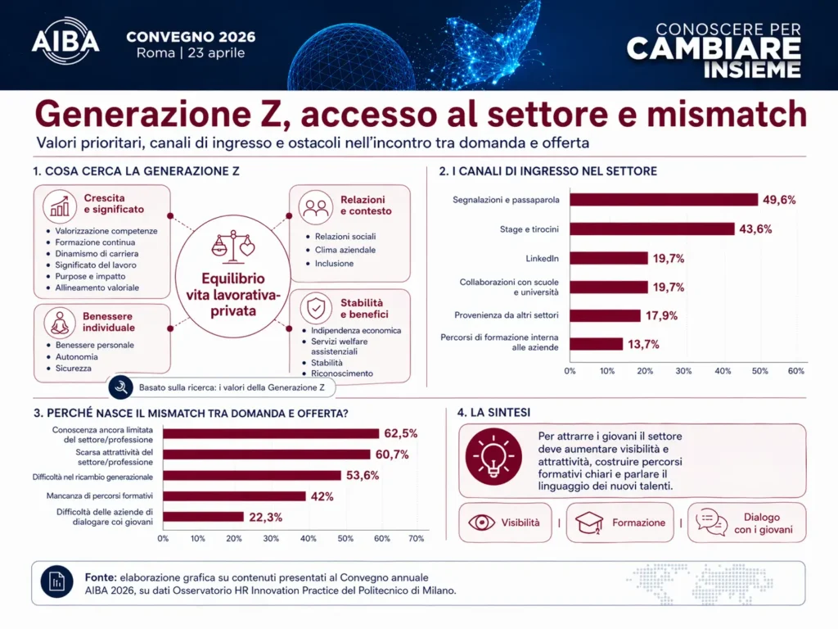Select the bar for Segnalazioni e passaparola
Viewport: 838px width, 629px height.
(664, 200)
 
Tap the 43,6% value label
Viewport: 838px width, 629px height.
(755, 229)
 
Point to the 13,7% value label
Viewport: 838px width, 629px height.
(644, 344)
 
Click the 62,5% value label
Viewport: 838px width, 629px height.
(401, 433)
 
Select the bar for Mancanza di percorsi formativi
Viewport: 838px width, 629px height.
(234, 496)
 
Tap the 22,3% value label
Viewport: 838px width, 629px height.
(265, 517)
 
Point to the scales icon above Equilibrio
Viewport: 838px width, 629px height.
(232, 243)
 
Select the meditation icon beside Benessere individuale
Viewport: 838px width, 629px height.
(60, 322)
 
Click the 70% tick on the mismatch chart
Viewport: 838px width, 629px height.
(416, 538)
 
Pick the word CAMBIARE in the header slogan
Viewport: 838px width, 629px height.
(714, 48)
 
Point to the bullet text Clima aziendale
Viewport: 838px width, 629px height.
(345, 250)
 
